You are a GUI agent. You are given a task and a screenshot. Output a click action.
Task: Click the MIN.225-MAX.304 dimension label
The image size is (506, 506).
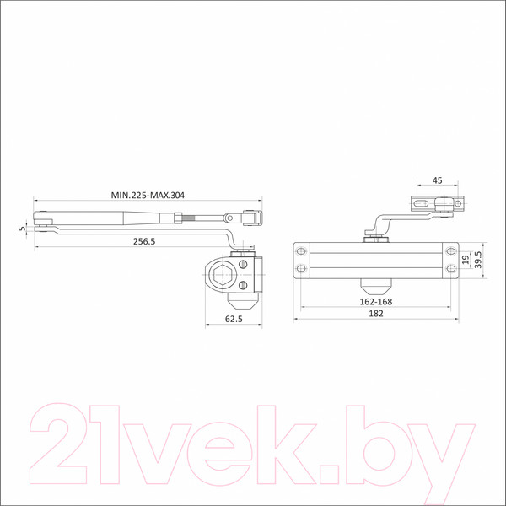148,196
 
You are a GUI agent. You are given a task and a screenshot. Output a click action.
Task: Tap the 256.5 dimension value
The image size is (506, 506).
144,241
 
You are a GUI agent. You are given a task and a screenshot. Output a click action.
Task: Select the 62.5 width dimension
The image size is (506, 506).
234,319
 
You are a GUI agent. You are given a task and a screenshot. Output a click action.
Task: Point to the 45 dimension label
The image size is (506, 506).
437,180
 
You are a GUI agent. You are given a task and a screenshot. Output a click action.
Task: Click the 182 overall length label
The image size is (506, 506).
376,314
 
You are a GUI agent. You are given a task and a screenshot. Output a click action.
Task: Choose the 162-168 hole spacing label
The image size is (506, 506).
376,302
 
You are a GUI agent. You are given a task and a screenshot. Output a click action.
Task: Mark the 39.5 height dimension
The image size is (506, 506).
478,260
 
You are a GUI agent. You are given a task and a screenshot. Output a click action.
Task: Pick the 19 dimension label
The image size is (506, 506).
466,260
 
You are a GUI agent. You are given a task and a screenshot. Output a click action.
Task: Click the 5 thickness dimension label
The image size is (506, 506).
22,229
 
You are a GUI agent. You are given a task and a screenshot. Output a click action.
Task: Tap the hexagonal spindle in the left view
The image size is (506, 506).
221,275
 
